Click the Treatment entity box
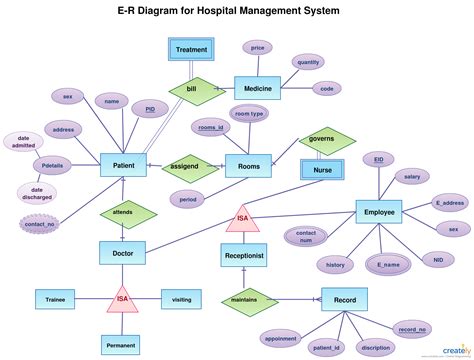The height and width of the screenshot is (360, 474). (192, 49)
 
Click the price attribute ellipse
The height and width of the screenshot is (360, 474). (258, 48)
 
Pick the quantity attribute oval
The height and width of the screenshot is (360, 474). (308, 62)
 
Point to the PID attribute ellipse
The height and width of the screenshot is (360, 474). (149, 108)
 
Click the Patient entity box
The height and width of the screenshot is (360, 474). (125, 166)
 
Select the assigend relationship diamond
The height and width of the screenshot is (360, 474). (187, 166)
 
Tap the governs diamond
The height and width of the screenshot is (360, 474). (322, 139)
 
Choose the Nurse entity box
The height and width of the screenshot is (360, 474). (324, 171)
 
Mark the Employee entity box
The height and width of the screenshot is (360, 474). (380, 213)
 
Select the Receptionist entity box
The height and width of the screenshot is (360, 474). (245, 255)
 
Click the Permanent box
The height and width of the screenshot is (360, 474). (123, 345)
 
